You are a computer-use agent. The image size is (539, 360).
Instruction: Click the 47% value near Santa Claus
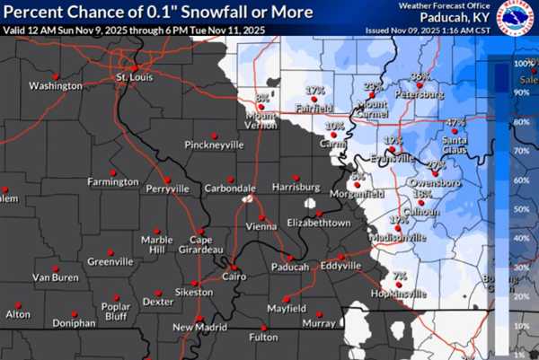pos(455,122)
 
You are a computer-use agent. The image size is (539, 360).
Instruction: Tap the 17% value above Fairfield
pos(314,92)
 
